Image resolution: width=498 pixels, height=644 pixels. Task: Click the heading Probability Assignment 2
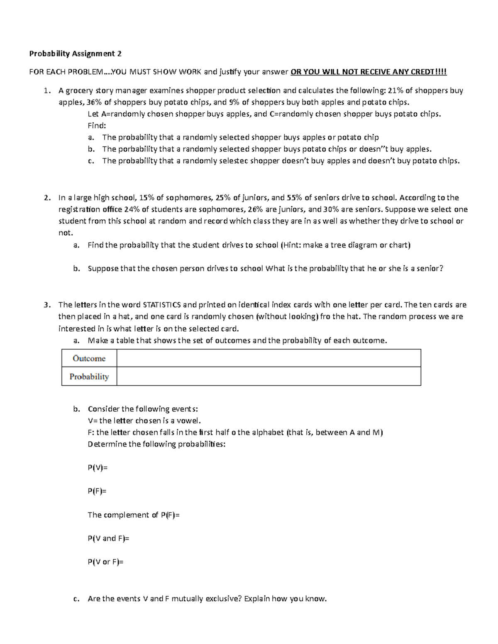75,53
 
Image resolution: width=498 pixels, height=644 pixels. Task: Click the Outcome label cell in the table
89,358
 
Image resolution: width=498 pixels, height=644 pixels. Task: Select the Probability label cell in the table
89,377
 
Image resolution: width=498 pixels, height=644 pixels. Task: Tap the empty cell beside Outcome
269,358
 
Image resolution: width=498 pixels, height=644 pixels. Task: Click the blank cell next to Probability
269,377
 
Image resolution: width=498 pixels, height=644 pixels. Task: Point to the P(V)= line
98,467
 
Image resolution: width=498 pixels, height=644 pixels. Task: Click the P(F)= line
97,491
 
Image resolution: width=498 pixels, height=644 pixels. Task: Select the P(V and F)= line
108,538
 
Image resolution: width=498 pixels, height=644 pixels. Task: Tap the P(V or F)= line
105,562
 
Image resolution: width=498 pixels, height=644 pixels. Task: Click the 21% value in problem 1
395,90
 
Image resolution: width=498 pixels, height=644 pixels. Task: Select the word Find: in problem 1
97,126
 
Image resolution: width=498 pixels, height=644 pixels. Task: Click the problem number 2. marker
47,197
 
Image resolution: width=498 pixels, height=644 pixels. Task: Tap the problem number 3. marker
47,305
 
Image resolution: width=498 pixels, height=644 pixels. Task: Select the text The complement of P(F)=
134,515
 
